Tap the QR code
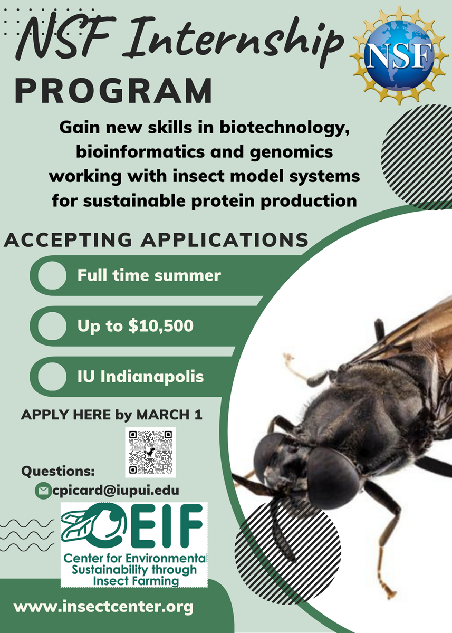[x=150, y=452]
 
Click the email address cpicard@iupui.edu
[x=116, y=490]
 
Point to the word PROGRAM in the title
[x=113, y=92]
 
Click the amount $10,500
[x=160, y=326]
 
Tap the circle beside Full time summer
[x=52, y=275]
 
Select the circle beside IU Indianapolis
[x=52, y=377]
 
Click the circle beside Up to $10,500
[x=52, y=326]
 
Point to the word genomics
[x=292, y=152]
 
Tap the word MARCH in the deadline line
[x=163, y=415]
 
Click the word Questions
[x=58, y=471]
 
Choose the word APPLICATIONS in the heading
[x=225, y=240]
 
